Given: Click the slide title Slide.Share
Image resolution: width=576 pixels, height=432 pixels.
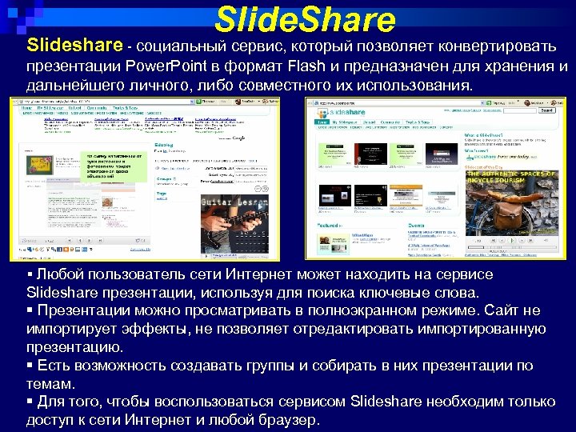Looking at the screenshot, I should pos(306,19).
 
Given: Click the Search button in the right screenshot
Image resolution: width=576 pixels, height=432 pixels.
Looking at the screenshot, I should pos(547,112).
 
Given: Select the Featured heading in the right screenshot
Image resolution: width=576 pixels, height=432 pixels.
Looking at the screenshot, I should pos(330,226).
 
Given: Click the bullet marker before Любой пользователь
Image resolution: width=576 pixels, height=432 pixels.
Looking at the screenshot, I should pos(30,274).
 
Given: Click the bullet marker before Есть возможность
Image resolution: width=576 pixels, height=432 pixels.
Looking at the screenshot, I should pos(30,366).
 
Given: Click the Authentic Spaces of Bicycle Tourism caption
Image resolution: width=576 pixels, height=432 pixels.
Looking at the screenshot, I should pos(510,178).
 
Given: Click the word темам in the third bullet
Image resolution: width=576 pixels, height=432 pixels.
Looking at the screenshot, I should pos(49,384).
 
